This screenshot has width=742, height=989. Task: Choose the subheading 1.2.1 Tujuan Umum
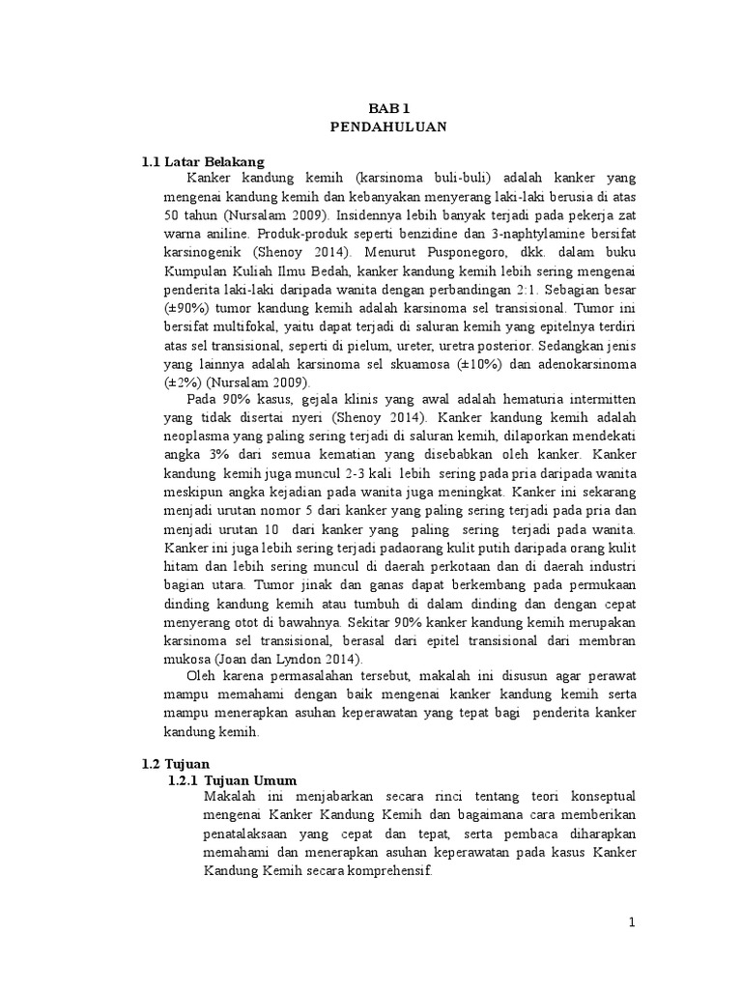tap(232, 779)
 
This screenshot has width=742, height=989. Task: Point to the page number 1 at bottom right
tap(632, 922)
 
